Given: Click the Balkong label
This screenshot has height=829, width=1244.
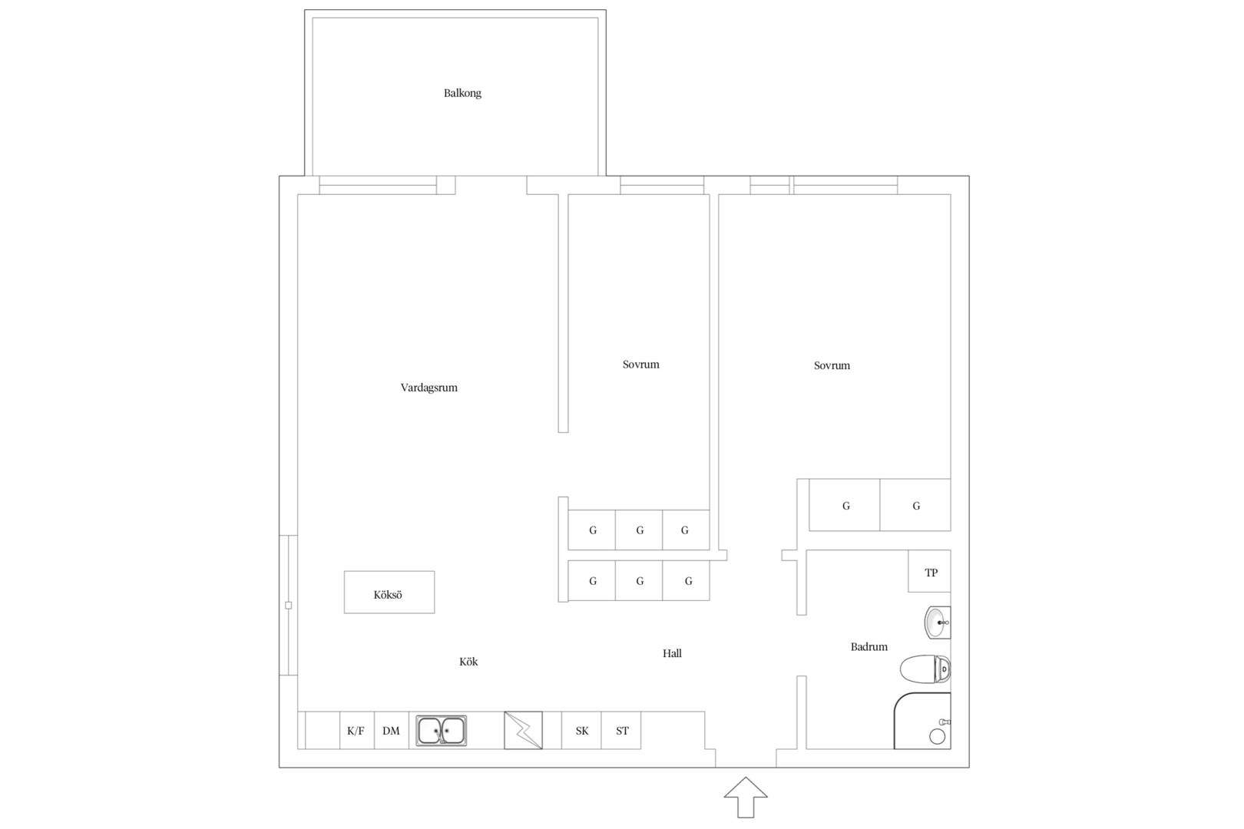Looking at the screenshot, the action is tap(462, 94).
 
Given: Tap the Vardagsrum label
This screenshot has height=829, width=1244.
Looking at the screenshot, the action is tap(428, 388).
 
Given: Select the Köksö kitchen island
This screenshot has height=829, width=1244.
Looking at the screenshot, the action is tap(389, 592).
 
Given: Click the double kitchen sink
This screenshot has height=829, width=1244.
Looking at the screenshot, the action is tap(441, 730).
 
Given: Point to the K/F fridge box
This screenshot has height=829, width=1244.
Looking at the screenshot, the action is tap(356, 730).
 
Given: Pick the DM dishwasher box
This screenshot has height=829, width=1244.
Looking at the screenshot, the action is tap(392, 730).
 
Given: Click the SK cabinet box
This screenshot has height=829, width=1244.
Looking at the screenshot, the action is tap(581, 730).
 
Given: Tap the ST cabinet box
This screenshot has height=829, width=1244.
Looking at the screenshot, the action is tap(621, 730).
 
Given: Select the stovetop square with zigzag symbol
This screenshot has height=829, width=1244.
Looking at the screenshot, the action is tap(523, 730).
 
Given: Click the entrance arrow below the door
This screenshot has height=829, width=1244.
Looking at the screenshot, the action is tap(746, 798).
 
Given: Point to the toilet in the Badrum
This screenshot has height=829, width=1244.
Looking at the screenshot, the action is tap(925, 669).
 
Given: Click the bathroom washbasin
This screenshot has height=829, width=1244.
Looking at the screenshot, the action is tap(938, 623).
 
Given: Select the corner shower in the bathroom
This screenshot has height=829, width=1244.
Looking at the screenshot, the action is tap(922, 721).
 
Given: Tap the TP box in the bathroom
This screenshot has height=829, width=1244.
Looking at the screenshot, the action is tap(930, 571).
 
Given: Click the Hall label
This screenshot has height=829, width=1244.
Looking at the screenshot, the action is tap(672, 653).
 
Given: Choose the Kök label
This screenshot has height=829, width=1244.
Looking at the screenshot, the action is tap(468, 662).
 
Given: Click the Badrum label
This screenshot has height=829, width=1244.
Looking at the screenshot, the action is tap(869, 647).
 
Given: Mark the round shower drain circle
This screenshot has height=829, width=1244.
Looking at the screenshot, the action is tap(938, 736).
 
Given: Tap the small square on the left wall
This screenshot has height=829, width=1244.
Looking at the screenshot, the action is tap(288, 605).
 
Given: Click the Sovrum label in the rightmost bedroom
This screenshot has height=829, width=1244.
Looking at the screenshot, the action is tap(832, 365).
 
